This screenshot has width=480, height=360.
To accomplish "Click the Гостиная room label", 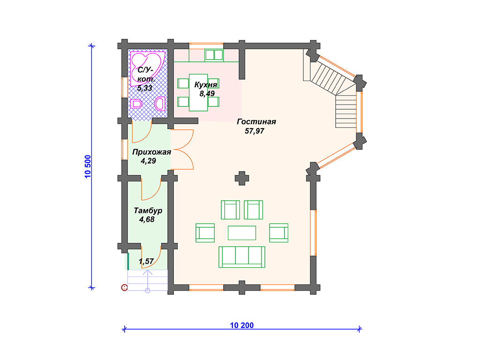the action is point(256,122).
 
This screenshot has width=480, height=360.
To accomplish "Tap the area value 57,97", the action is point(255,131).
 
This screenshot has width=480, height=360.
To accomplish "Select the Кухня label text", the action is point(206,85).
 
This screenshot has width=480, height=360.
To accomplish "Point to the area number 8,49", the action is point(207,94).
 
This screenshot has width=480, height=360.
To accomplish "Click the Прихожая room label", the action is point(151,152).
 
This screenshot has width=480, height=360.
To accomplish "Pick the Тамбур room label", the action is point(148,210).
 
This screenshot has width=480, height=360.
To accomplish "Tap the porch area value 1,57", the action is point(146,262).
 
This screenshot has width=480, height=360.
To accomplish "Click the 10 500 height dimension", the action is point(88,166).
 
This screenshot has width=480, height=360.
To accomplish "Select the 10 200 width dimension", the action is point(242,325).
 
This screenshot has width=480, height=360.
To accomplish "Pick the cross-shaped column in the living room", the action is point(242,178).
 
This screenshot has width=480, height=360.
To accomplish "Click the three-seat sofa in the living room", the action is point(242,257).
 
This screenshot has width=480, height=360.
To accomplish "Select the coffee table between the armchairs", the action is point(242,232).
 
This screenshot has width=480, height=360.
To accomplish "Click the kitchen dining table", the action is point(198,92).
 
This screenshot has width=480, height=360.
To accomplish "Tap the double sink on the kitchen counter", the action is point(214,55).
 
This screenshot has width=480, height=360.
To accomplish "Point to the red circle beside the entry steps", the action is point(124,287).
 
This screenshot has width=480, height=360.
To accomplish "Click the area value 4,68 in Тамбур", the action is point(147,219).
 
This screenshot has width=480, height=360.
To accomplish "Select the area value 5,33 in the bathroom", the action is point(144,89).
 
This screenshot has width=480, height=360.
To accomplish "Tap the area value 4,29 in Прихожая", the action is point(148,161).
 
